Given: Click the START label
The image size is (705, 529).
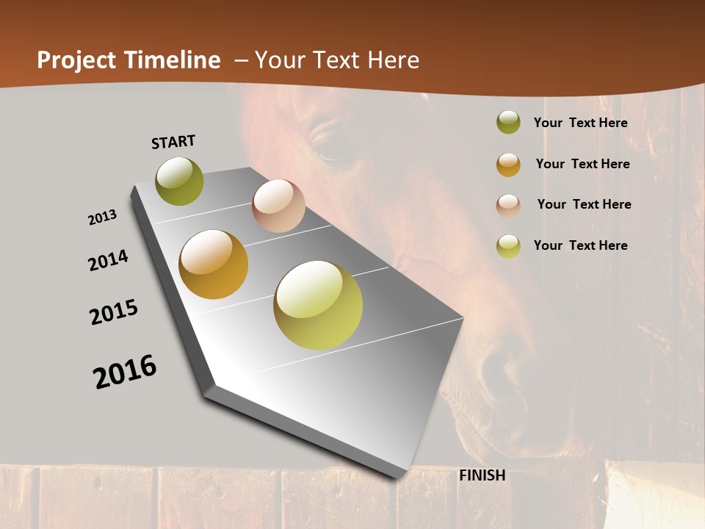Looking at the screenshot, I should (173, 142).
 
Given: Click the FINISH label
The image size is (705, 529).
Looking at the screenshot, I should (482, 475).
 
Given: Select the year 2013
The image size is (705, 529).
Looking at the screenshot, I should (103, 217).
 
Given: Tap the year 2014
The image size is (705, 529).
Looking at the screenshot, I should (108, 260).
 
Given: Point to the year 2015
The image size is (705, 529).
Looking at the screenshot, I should (114, 312).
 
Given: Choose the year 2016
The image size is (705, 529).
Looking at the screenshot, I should (125, 372).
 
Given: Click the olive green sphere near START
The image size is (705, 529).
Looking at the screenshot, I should (179, 181).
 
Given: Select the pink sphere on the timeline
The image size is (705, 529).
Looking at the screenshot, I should (278, 205).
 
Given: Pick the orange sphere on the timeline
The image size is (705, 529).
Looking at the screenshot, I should (214, 264).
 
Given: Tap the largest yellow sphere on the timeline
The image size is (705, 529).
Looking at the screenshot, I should (318, 305).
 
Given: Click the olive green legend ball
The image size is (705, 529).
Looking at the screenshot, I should (508, 123).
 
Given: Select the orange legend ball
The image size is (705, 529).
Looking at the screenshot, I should (508, 164).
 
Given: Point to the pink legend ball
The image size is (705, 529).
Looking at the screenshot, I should (508, 205).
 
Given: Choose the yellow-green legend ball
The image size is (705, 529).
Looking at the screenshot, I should (508, 245).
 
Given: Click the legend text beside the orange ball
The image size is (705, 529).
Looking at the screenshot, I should (582, 164).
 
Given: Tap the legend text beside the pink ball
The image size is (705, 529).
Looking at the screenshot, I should (584, 204).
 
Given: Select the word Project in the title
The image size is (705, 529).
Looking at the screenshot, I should (76, 60).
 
